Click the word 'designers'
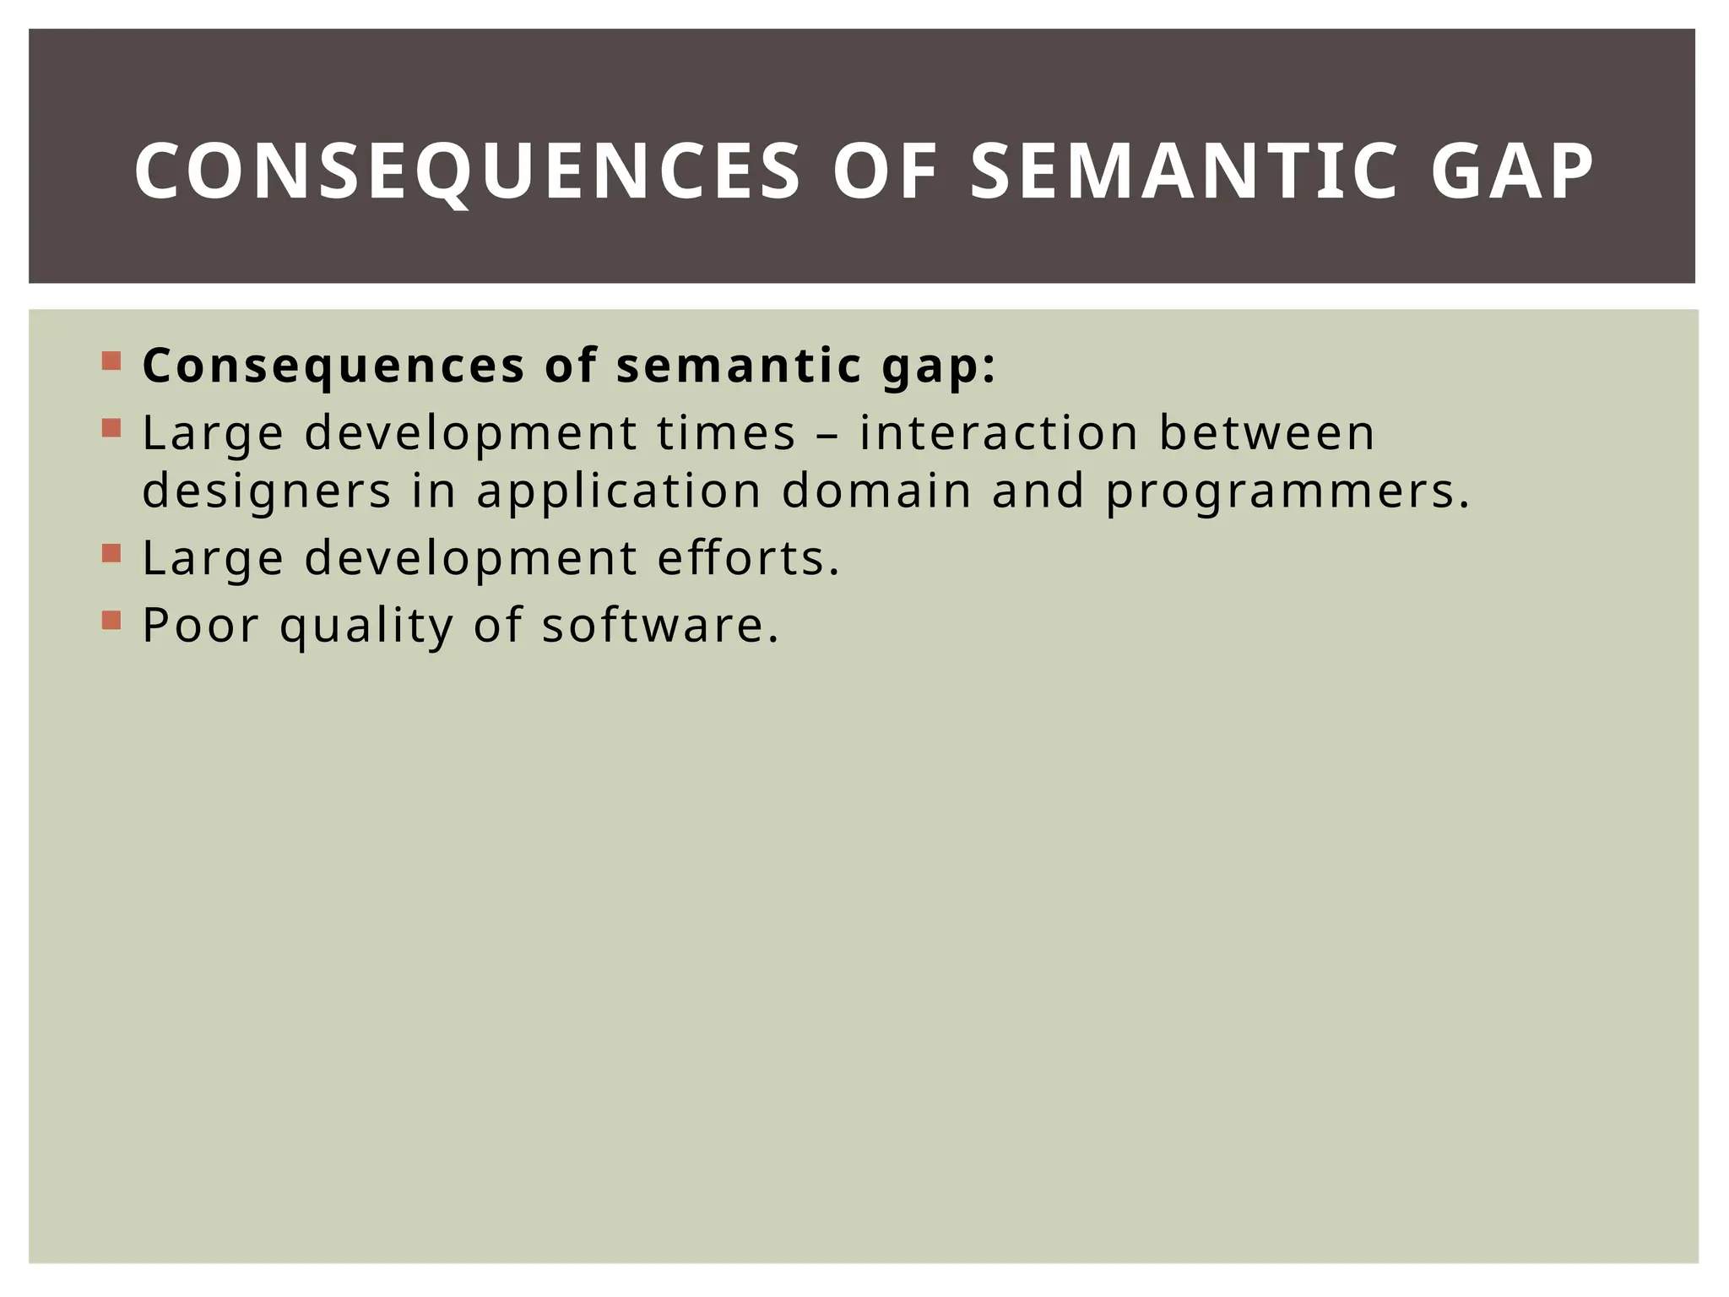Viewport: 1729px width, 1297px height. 267,492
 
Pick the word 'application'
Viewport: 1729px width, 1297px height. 619,492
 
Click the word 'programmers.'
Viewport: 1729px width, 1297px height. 1288,492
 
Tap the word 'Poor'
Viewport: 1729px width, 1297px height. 200,626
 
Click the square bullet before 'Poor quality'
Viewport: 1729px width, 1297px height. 111,621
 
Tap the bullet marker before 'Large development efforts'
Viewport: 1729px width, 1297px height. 111,553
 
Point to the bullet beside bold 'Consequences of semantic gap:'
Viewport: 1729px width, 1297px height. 111,361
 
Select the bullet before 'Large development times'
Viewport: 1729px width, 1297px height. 111,428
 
